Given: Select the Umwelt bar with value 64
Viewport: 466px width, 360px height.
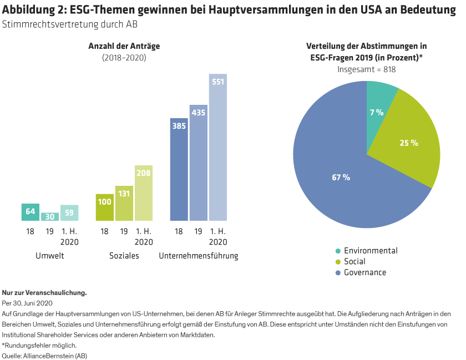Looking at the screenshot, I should click(x=30, y=212).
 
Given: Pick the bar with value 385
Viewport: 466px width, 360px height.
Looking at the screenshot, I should click(x=179, y=169).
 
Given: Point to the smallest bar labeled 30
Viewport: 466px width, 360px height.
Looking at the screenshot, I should click(x=50, y=216).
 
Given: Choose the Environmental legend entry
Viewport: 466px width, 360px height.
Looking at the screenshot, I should click(x=370, y=250).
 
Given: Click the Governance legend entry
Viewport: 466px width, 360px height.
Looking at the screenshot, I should click(x=364, y=272).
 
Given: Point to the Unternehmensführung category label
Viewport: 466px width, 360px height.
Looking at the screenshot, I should click(x=198, y=256).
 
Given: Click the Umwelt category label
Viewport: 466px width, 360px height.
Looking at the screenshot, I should click(x=50, y=256).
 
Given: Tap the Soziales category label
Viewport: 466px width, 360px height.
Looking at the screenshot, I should click(x=124, y=256).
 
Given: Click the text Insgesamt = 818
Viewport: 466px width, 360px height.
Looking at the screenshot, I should click(x=367, y=69).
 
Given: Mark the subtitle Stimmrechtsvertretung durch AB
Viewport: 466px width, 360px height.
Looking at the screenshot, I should click(x=70, y=24).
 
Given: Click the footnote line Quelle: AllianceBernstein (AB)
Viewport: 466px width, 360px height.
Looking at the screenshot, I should click(x=44, y=355).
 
